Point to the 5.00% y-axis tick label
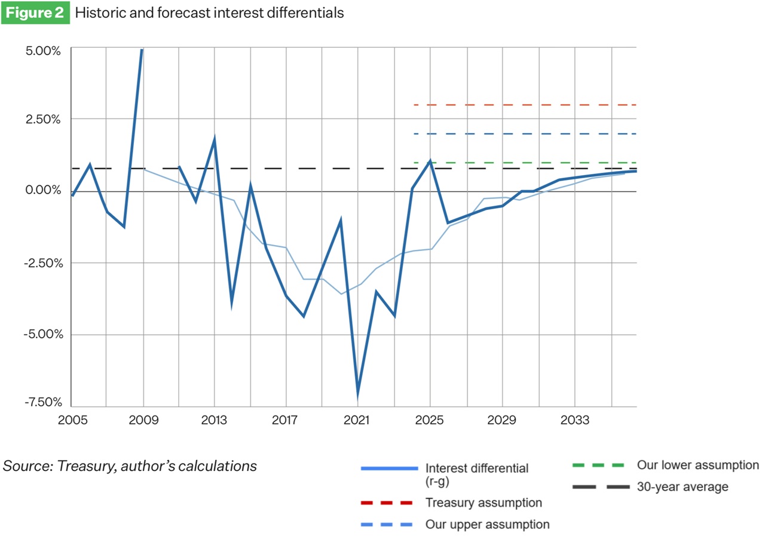44,51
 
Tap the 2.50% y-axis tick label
44,119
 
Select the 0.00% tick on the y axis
44,190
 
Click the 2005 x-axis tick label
72,420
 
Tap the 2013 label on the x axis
214,420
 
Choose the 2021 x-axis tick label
357,420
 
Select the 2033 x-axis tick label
575,420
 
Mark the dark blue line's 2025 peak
430,161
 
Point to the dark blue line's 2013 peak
214,139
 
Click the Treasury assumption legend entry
483,502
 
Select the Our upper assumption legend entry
486,524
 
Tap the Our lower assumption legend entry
697,464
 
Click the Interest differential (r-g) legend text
476,473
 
